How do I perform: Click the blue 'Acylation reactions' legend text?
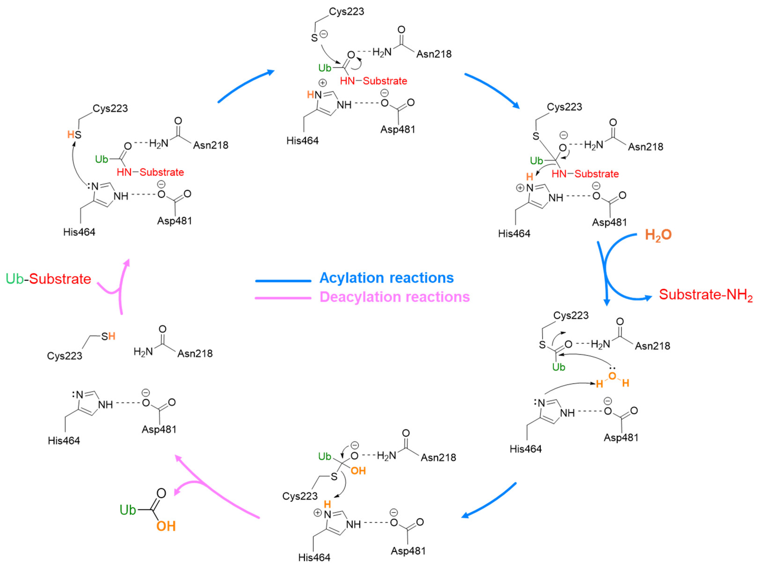[x=386, y=278]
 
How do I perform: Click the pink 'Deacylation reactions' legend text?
[x=395, y=297]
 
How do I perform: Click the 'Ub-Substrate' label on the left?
[x=48, y=279]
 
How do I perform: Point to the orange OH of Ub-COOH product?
[x=166, y=526]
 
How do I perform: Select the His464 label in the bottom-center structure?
[x=314, y=557]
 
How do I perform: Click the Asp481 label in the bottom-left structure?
[x=159, y=429]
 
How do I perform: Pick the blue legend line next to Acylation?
[x=283, y=281]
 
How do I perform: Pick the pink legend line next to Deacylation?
[x=283, y=298]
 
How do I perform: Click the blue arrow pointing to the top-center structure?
[x=245, y=86]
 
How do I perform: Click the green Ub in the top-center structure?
[x=325, y=68]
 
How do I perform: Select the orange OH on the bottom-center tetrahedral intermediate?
[x=358, y=471]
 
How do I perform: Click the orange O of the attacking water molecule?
[x=612, y=376]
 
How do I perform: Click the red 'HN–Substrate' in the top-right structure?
[x=585, y=174]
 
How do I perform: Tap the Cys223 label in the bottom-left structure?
[x=64, y=356]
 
